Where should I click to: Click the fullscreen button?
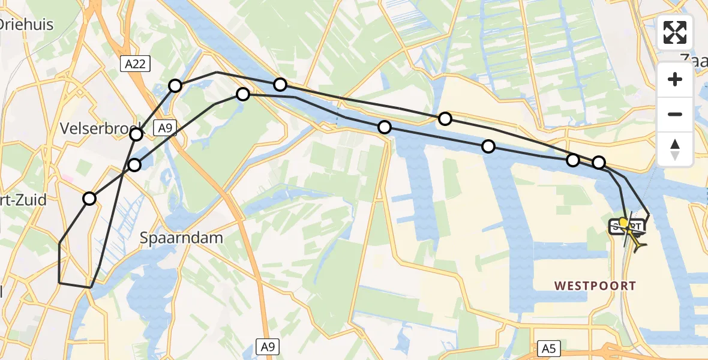coord(675,32)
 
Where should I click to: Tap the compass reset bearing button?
coord(675,149)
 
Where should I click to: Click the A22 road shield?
coord(136,64)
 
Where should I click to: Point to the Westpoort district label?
coord(595,286)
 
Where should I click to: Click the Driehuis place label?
coord(27,25)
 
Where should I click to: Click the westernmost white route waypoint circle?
coord(89,199)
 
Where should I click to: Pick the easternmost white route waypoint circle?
coord(599,163)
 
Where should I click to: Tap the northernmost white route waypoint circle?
coord(280,85)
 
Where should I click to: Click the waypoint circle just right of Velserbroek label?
coord(137,134)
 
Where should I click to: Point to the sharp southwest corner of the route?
coord(59,282)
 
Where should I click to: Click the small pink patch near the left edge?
coord(68,178)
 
